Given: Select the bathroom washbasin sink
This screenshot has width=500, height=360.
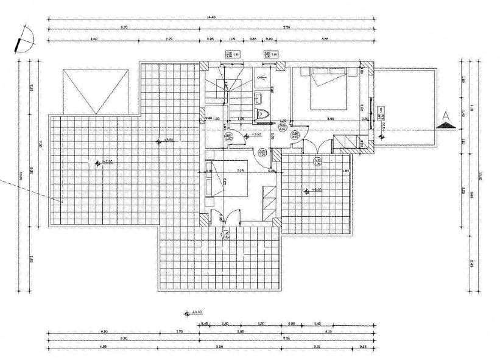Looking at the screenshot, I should (261, 97).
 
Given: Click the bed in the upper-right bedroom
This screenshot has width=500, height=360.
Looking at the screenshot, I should (329, 88).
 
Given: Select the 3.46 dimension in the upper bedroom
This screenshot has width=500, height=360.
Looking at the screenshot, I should (330, 118).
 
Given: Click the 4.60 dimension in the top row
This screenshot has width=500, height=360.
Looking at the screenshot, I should (95, 38).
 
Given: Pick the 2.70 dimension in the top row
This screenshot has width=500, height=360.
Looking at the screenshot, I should (170, 38).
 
